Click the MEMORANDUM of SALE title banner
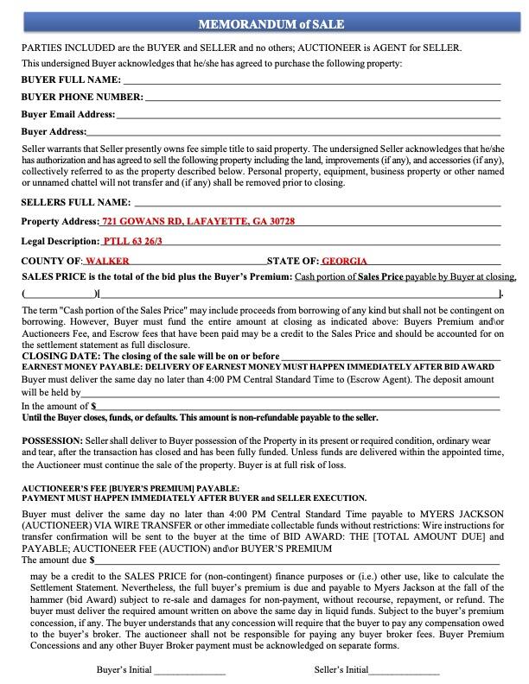pyautogui.click(x=264, y=24)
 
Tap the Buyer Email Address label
pyautogui.click(x=68, y=114)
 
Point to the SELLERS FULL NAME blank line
pyautogui.click(x=316, y=203)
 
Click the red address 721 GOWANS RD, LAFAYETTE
pyautogui.click(x=199, y=222)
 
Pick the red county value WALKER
pyautogui.click(x=107, y=260)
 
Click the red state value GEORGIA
pyautogui.click(x=344, y=260)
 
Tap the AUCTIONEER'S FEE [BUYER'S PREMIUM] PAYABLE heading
pyautogui.click(x=131, y=488)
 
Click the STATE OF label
pyautogui.click(x=293, y=260)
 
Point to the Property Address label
pyautogui.click(x=60, y=222)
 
